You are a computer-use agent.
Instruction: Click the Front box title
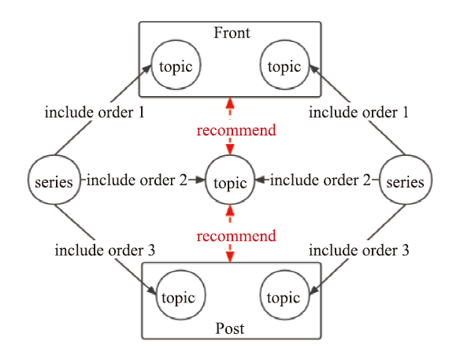click(x=232, y=32)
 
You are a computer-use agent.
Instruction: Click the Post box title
click(x=230, y=328)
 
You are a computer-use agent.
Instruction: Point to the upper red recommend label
click(x=236, y=130)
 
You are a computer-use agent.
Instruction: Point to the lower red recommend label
click(x=236, y=236)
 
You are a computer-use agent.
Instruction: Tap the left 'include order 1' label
click(x=95, y=113)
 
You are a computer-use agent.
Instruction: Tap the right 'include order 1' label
click(x=358, y=113)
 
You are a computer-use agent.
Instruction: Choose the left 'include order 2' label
click(x=137, y=180)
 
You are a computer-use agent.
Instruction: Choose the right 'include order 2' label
click(x=321, y=180)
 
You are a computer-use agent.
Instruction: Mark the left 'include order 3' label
click(x=105, y=251)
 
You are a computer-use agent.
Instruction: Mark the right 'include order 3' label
click(x=358, y=251)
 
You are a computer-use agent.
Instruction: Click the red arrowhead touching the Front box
click(x=230, y=103)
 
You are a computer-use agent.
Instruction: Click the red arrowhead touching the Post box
click(x=230, y=257)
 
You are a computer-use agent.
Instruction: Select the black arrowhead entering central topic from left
click(x=200, y=180)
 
